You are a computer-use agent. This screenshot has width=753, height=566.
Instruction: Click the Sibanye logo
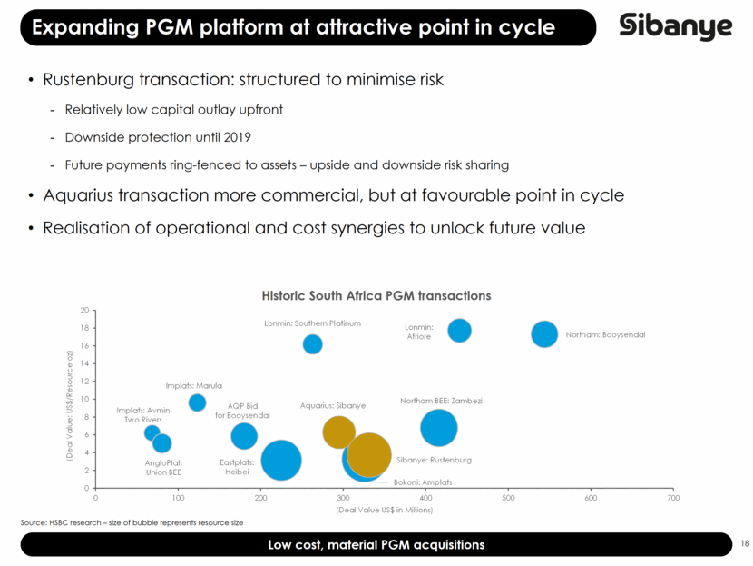click(x=676, y=26)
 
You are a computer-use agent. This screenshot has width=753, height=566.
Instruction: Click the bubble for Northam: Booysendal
click(x=544, y=334)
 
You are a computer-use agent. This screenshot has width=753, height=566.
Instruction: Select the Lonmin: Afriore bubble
click(x=459, y=331)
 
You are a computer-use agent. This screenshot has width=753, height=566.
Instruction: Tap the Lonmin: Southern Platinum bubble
click(x=313, y=344)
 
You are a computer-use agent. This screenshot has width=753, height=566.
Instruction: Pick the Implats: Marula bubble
click(x=197, y=402)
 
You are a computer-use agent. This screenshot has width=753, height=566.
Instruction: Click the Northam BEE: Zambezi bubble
click(x=438, y=428)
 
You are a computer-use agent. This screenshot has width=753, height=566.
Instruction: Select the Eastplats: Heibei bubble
click(x=281, y=461)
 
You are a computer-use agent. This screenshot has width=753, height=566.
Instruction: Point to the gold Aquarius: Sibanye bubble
click(x=338, y=432)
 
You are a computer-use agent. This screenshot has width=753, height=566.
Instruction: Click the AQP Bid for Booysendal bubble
click(x=244, y=436)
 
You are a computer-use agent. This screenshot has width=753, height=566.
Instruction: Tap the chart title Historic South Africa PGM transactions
click(x=376, y=296)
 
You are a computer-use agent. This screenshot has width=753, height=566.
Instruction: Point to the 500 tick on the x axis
click(x=508, y=498)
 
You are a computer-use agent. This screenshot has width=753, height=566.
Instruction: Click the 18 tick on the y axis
click(x=85, y=328)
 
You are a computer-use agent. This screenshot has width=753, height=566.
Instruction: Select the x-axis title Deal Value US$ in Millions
click(x=384, y=510)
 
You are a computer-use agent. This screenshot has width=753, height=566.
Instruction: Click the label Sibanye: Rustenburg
click(x=434, y=460)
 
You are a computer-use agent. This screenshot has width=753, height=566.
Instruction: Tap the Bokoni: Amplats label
click(x=423, y=482)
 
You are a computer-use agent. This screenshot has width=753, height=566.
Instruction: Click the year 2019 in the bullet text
click(x=237, y=137)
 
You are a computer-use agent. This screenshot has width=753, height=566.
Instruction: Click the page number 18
click(x=745, y=543)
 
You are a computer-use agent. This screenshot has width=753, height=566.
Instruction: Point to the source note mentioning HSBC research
click(x=132, y=522)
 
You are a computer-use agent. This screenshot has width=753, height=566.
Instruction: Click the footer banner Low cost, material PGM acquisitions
click(x=376, y=545)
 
